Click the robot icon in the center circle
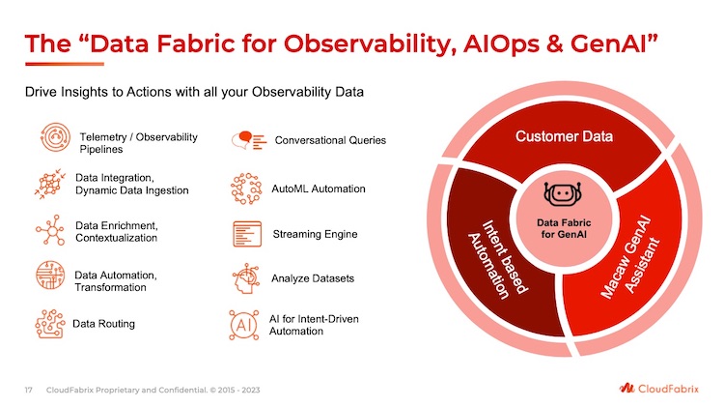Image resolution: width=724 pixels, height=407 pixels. coord(563,193)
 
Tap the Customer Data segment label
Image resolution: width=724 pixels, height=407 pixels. coord(564,136)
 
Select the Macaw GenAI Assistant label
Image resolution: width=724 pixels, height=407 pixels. coord(630,257)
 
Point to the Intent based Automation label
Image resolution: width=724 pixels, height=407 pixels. coord(497,259)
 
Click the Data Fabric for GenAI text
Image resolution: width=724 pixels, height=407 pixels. coord(564,228)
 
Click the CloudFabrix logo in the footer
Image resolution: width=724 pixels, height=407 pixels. coord(659,388)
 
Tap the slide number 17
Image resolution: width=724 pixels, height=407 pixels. coord(29,390)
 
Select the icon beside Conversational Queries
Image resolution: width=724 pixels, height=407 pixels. coord(249,140)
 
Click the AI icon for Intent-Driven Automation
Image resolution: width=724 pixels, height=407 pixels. coord(244,325)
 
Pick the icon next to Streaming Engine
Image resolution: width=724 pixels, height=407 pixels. coord(247,234)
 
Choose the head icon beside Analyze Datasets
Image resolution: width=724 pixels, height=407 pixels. coord(245,278)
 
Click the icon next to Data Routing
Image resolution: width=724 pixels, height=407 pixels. coord(50,324)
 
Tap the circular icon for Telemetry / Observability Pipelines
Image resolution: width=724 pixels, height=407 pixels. coord(55,137)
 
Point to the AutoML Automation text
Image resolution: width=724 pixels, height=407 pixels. coord(319,189)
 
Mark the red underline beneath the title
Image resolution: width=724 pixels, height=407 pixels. coord(65,64)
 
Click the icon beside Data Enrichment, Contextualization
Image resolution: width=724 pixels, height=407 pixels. coord(50,230)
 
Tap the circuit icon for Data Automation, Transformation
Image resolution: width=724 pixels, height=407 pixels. coord(50,275)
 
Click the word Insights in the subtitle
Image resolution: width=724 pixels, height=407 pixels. coord(83,92)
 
